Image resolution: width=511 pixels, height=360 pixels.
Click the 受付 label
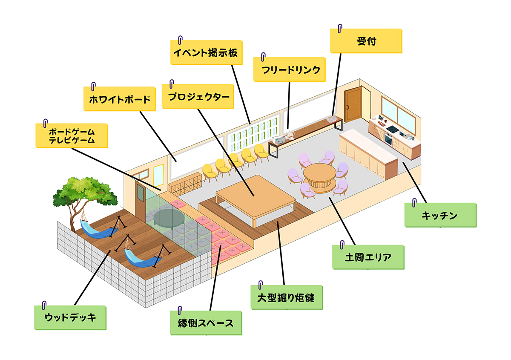[x=366, y=41]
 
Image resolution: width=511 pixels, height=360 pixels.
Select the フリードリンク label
[x=289, y=70]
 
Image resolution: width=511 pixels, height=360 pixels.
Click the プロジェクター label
[x=198, y=97]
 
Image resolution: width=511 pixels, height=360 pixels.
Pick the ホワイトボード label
[x=120, y=100]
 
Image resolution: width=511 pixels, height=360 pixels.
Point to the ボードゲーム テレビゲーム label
[x=72, y=135]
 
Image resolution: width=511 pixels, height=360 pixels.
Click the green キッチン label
[x=439, y=216]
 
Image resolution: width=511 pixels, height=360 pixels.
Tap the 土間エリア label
[x=368, y=257]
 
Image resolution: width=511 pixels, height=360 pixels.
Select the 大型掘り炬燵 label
[x=286, y=297]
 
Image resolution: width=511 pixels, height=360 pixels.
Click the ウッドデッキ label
[x=70, y=317]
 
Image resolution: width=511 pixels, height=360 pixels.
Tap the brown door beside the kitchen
[x=353, y=104]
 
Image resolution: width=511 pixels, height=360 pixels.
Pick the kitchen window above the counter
[x=399, y=113]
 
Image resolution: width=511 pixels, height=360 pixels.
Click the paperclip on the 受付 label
[x=340, y=29]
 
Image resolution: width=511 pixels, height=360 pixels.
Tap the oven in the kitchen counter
[x=388, y=138]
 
